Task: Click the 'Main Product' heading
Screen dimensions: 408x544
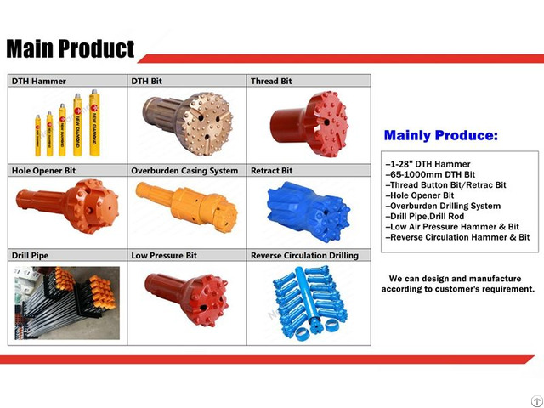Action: (x=71, y=48)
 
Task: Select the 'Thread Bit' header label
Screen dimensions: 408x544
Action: (x=272, y=82)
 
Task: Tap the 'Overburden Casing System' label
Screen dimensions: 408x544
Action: (x=184, y=170)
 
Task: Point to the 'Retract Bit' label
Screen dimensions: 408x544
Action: (x=272, y=170)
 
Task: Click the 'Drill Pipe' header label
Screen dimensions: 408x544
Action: (x=31, y=255)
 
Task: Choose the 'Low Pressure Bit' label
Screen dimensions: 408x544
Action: (x=164, y=255)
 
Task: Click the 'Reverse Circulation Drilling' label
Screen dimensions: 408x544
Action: (x=304, y=255)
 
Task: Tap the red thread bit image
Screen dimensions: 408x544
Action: (x=309, y=123)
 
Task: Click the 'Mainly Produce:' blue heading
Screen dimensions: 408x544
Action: (x=441, y=135)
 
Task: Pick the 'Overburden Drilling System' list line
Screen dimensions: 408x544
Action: (x=443, y=206)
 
